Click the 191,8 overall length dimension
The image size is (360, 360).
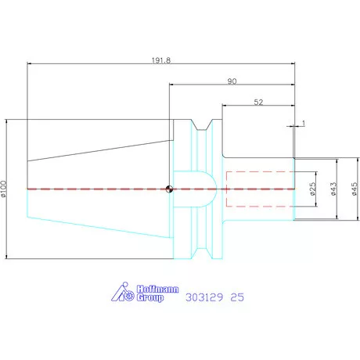point(161,60)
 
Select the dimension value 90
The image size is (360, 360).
point(232,81)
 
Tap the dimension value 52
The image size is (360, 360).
point(258,103)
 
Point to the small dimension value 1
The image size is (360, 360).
point(303,123)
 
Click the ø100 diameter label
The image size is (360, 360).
point(3,189)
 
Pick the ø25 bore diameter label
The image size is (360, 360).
point(312,189)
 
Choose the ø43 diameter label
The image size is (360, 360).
point(333,189)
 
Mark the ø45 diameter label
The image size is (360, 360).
point(354,189)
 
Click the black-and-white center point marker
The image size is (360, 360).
point(169,189)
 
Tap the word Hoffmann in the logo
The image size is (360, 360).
point(157,289)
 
